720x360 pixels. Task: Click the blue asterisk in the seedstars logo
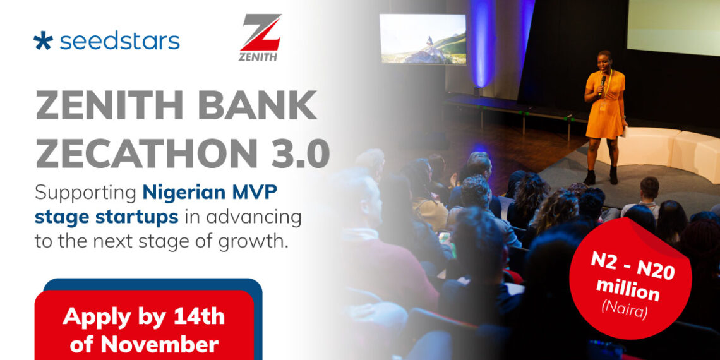[x=44, y=41]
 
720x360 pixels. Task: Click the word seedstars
[x=119, y=41]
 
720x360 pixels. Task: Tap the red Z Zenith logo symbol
[x=260, y=33]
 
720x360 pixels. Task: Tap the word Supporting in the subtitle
[x=85, y=192]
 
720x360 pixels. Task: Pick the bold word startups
[x=138, y=217]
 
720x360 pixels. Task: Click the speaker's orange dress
[x=604, y=107]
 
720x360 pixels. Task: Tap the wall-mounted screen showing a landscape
[x=422, y=39]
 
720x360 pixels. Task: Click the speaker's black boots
[x=601, y=176]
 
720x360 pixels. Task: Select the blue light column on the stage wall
[x=483, y=44]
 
